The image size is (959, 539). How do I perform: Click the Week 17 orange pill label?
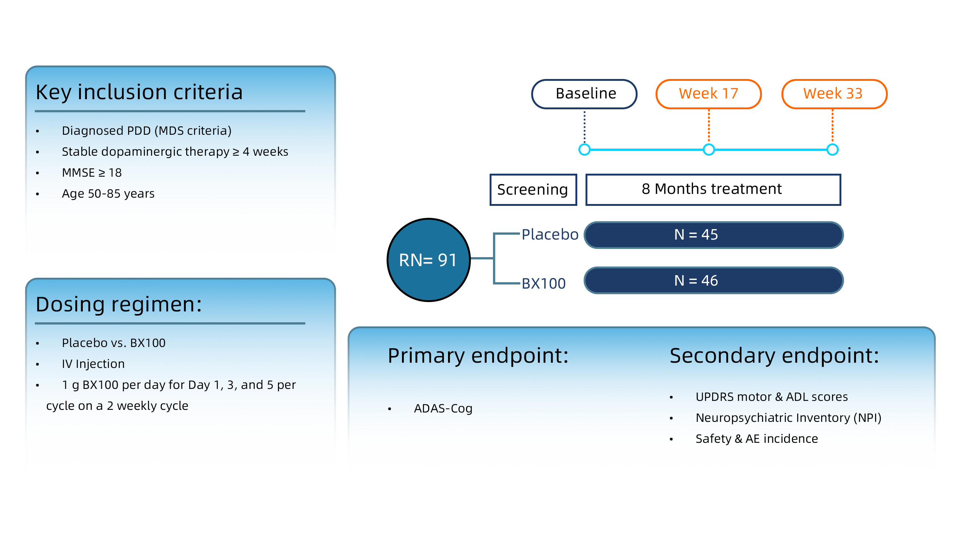(708, 94)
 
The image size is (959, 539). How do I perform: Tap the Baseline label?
(586, 94)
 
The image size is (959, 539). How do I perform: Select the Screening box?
(533, 189)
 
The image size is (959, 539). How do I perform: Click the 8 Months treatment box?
(713, 189)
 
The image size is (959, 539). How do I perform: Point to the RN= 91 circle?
(428, 260)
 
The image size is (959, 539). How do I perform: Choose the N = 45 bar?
(713, 235)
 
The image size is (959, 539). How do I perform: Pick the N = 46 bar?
(713, 281)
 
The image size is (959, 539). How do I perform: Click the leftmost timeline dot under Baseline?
(584, 150)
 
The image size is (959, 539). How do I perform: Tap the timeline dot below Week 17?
(709, 150)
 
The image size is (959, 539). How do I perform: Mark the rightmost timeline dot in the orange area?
(832, 150)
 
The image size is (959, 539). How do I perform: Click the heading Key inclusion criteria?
(139, 92)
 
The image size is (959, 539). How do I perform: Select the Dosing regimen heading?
(119, 304)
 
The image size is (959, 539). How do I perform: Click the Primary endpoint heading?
(478, 356)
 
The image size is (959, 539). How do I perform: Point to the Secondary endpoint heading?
(774, 356)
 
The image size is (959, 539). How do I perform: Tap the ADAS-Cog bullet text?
(443, 408)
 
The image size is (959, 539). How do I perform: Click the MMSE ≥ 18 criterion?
(92, 173)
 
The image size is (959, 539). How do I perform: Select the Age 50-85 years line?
(108, 194)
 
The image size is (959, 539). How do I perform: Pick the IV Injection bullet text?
(93, 364)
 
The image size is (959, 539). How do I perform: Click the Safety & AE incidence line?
(757, 439)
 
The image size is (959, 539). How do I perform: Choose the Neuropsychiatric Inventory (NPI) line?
(788, 418)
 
